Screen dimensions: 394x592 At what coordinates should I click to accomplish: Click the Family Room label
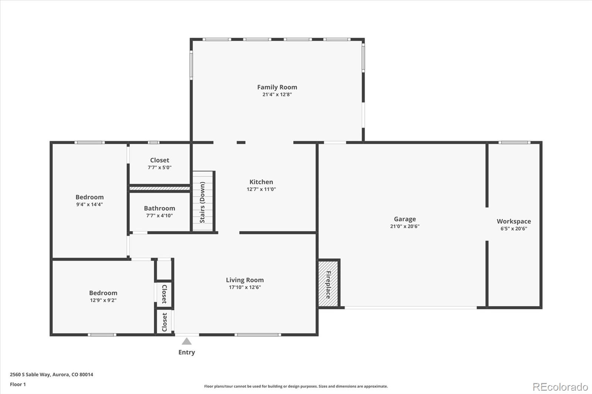[x=277, y=87]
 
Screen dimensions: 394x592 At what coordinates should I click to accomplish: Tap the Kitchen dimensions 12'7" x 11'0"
[x=261, y=189]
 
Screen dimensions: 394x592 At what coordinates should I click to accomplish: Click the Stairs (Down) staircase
[x=203, y=202]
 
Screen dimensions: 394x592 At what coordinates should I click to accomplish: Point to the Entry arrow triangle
[x=186, y=341]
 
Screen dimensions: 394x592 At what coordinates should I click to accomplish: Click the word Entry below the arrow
[x=186, y=352]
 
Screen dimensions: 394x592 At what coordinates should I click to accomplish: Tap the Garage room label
[x=404, y=219]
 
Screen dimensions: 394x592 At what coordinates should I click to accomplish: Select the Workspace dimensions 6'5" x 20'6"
[x=514, y=228]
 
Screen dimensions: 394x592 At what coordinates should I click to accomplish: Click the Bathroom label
[x=159, y=208]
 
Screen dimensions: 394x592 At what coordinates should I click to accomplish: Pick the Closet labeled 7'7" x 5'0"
[x=159, y=163]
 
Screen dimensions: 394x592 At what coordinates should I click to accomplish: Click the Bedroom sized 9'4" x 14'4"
[x=90, y=200]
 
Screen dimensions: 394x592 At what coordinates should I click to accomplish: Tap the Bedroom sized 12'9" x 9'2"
[x=103, y=296]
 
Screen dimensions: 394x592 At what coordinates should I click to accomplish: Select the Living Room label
[x=245, y=280]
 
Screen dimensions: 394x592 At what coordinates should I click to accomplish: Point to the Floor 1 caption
[x=18, y=384]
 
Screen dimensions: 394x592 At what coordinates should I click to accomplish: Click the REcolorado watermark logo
[x=560, y=387]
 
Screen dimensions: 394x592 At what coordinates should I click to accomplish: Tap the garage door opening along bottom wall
[x=411, y=308]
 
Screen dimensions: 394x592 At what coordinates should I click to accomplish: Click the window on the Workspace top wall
[x=514, y=143]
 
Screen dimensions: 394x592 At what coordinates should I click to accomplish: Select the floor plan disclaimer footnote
[x=296, y=386]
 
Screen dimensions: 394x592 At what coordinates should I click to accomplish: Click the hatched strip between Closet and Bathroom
[x=159, y=188]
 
